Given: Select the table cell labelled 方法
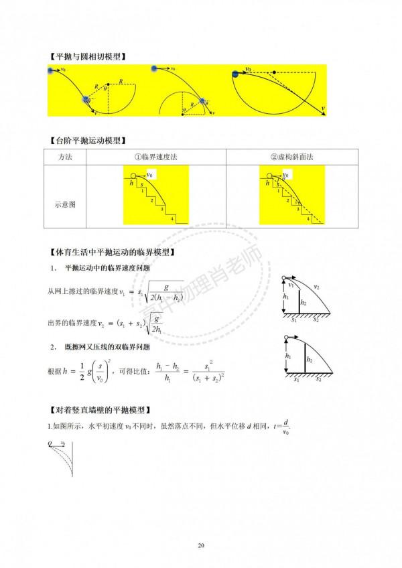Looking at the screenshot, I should [x=66, y=156].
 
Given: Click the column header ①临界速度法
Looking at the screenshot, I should [x=156, y=156].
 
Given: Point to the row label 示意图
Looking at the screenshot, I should [x=66, y=204].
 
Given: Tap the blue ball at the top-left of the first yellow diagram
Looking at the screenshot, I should [x=52, y=69].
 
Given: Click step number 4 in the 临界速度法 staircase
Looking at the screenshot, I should [x=172, y=218].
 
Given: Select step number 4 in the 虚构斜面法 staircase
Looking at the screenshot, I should [x=308, y=218].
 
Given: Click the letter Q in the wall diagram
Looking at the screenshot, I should [x=50, y=443].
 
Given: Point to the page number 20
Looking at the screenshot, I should [x=201, y=544].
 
